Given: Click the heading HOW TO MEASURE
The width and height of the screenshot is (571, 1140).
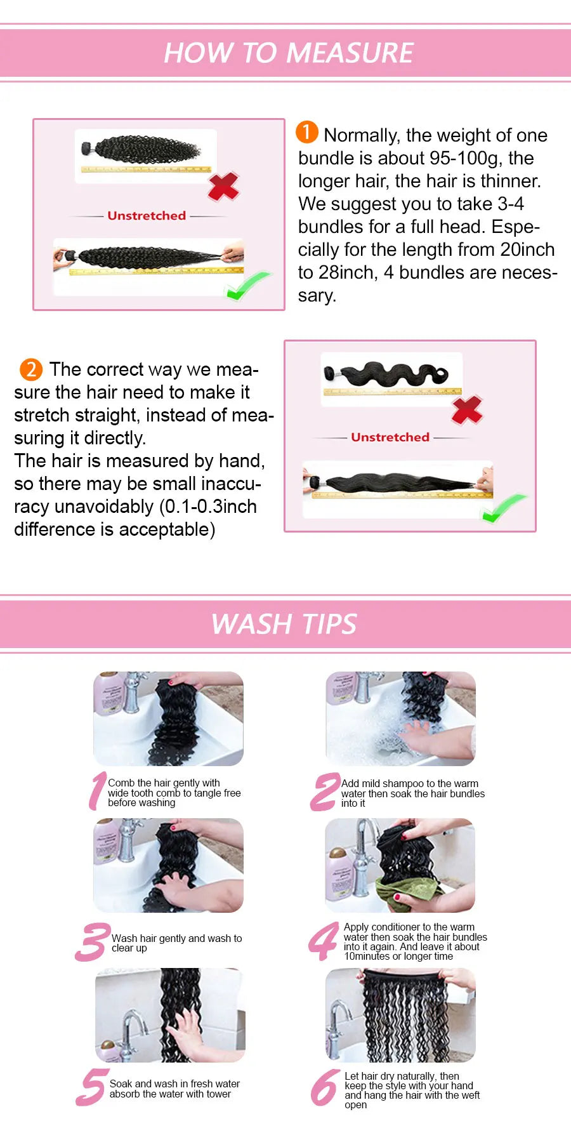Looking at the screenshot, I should [x=289, y=53].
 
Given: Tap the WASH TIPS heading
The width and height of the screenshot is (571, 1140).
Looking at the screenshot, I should [x=284, y=624].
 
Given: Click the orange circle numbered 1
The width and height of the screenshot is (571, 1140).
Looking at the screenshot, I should [x=307, y=132].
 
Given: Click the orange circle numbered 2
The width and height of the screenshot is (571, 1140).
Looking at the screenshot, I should [x=31, y=369].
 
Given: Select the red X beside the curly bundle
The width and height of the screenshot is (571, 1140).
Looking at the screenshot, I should [x=223, y=186].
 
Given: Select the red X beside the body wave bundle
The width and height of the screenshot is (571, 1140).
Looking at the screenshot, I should [x=467, y=409].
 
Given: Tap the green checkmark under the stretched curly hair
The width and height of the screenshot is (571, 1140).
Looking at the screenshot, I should [x=247, y=286].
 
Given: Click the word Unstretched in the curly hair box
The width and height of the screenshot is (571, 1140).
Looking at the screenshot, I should [x=147, y=216].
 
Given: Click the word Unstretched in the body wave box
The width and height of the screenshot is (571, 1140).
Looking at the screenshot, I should [x=390, y=437].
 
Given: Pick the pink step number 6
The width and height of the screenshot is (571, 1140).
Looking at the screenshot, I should [x=325, y=1088].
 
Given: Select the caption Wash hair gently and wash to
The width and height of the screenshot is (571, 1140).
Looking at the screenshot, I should [x=176, y=938].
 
